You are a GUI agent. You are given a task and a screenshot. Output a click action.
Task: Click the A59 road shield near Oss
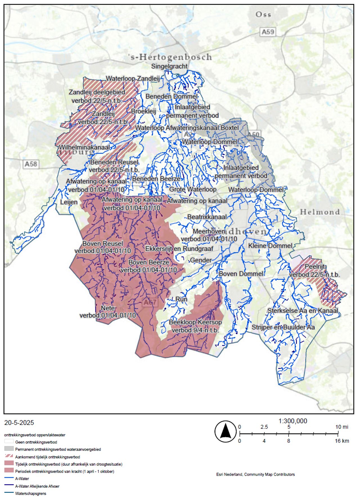tap(267, 32)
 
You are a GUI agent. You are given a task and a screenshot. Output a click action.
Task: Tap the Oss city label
tap(263, 14)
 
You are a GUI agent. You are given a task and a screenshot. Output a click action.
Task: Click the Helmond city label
tap(320, 212)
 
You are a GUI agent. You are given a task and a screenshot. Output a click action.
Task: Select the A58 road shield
tap(31, 164)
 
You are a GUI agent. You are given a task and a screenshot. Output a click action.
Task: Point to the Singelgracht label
tap(169, 66)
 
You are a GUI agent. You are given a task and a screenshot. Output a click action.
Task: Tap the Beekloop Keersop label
tap(195, 322)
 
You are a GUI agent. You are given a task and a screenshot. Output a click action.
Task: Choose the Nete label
tap(108, 308)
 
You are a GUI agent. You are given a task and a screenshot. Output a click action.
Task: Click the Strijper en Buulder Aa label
tap(283, 327)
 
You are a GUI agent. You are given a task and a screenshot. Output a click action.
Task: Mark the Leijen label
tap(69, 202)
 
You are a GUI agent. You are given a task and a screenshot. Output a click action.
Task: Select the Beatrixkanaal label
tap(207, 217)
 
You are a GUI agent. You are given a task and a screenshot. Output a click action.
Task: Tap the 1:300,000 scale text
tap(293, 421)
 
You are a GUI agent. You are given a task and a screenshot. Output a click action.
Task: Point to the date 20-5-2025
tap(19, 423)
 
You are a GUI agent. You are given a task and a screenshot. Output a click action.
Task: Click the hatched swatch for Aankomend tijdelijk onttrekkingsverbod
tap(9, 457)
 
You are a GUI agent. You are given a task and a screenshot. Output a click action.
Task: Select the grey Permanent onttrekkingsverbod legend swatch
tap(9, 449)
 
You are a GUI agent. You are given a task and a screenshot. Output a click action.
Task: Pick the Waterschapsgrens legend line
tap(9, 493)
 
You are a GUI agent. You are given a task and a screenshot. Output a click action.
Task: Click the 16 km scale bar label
tap(342, 441)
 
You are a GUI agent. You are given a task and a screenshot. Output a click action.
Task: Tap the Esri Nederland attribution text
tap(255, 475)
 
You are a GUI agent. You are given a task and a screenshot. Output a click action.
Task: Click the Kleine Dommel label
tap(270, 246)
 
